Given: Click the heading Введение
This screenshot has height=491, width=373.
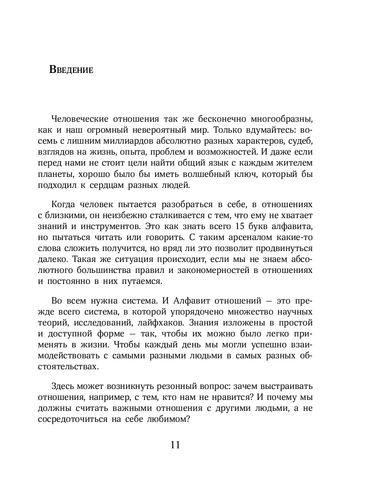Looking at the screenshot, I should [71, 70].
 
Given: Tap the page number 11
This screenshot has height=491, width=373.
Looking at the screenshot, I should [175, 445].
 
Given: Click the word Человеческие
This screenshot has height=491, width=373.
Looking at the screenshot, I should [78, 119].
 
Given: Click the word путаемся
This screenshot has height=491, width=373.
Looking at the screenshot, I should [142, 282].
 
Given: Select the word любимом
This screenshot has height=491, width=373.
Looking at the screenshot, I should [167, 420].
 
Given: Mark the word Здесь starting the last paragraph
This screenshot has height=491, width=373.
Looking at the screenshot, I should [62, 387].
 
